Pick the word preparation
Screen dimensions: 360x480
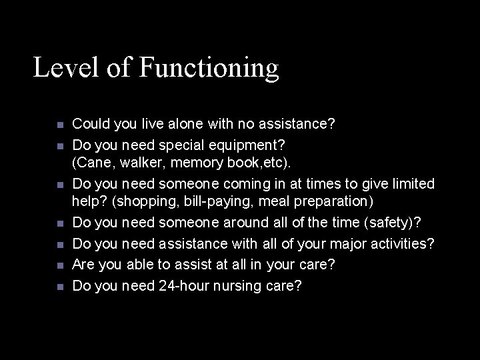point(315,201)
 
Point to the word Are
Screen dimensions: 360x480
point(83,265)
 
